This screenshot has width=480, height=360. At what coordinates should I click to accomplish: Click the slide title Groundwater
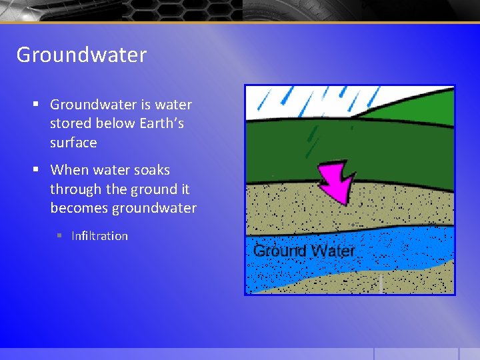point(81,55)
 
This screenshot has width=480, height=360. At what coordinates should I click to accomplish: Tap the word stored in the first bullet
point(69,123)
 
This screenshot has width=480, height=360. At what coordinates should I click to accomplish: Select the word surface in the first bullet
point(73,143)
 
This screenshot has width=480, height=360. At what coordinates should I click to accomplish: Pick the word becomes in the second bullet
point(79,208)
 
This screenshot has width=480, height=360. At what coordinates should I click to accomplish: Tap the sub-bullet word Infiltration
point(99,236)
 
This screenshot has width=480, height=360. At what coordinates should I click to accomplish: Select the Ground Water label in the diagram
point(304,251)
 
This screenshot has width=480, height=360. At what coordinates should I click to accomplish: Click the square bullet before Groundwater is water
point(37,105)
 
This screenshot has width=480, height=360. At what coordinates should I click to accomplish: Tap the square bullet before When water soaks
point(37,170)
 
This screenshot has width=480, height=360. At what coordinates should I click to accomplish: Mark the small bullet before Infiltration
point(59,236)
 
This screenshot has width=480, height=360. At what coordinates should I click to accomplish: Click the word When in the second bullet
point(68,170)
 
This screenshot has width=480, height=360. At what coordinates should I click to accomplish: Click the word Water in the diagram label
point(331,251)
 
